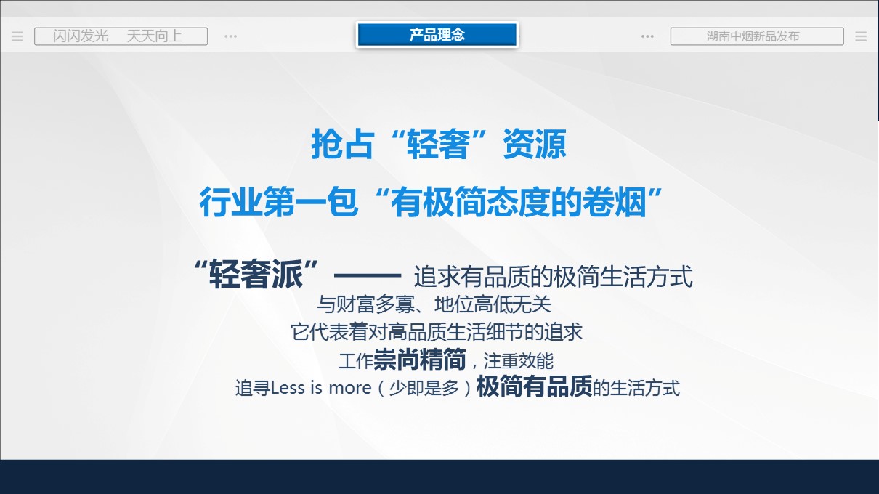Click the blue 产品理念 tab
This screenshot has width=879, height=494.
[437, 35]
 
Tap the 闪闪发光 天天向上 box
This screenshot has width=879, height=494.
[121, 36]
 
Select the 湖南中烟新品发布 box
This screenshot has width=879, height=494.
[757, 36]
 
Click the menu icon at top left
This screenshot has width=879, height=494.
[17, 36]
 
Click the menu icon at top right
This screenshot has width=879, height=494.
[861, 36]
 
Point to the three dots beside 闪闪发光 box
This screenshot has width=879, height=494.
[230, 36]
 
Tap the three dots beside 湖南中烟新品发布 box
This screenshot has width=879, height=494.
[647, 36]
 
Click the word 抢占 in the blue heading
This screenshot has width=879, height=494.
[341, 145]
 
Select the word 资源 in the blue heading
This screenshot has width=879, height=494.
[535, 145]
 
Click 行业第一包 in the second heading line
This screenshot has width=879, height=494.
[279, 203]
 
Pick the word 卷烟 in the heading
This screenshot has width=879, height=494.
[614, 203]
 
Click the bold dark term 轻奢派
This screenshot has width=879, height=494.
[256, 275]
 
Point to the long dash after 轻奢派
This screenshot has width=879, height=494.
[367, 275]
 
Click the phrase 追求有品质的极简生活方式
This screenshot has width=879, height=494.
[554, 277]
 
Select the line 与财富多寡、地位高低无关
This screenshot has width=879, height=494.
[434, 304]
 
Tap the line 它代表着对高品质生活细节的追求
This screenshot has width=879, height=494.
[437, 332]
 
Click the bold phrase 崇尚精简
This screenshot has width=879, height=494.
[419, 359]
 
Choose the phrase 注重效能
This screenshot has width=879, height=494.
[519, 361]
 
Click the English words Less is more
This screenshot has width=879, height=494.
[321, 388]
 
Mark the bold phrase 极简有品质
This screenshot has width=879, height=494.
[534, 386]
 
